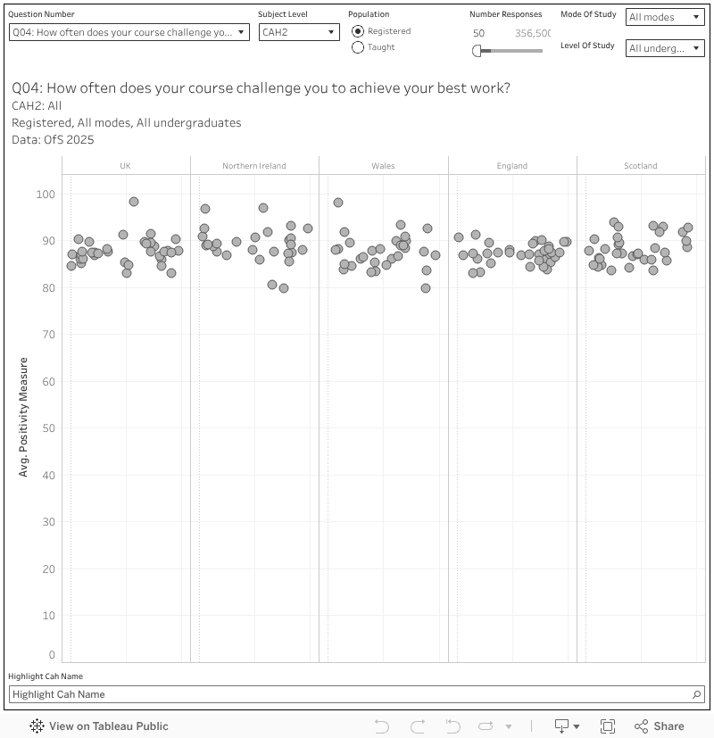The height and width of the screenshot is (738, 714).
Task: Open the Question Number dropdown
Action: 129,32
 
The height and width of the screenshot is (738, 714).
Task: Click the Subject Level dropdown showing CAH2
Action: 299,32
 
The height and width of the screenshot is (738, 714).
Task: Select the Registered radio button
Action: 359,31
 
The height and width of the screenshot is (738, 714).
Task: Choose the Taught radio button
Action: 359,47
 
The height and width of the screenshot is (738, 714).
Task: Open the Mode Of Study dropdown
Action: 665,18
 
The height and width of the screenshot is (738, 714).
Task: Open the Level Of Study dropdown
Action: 665,48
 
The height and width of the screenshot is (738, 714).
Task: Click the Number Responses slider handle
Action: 477,51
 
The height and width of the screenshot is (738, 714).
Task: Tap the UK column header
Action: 125,166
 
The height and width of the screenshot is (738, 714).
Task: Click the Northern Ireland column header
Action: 253,166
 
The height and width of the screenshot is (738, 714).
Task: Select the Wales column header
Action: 383,166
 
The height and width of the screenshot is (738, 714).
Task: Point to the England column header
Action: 512,166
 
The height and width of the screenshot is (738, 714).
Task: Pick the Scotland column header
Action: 641,166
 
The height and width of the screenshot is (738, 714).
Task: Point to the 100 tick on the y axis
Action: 46,195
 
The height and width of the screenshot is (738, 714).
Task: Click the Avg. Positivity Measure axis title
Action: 24,417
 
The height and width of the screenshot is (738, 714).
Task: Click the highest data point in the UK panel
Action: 134,202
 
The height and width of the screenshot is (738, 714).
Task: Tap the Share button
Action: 660,726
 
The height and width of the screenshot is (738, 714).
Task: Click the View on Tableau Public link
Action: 99,726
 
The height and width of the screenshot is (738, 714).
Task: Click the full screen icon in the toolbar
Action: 608,726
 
